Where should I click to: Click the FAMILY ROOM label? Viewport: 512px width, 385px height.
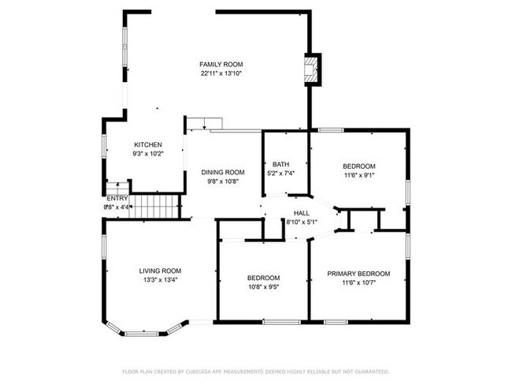click(x=221, y=64)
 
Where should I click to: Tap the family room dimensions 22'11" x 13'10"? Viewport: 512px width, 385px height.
click(x=221, y=73)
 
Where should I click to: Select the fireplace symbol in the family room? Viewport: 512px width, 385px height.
click(x=313, y=68)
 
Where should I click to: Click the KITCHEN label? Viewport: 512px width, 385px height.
click(x=148, y=144)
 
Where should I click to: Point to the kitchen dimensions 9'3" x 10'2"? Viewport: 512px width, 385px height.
click(x=148, y=154)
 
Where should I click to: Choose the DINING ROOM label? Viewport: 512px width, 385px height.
click(x=223, y=172)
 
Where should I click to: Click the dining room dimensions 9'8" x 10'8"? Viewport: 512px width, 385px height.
click(x=223, y=181)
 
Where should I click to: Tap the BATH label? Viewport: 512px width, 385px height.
click(x=281, y=164)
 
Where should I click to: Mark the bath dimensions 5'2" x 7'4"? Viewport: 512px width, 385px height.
click(x=281, y=174)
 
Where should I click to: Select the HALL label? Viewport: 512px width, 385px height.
click(x=302, y=213)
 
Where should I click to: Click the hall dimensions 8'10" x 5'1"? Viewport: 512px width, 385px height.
click(x=302, y=222)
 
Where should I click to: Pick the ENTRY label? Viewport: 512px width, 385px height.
click(x=117, y=198)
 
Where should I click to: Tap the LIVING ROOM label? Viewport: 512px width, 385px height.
click(x=160, y=270)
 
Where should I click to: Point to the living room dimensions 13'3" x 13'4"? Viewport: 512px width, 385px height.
click(x=160, y=279)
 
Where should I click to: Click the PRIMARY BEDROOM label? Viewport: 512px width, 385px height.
click(x=358, y=273)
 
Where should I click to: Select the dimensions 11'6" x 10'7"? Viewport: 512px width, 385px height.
click(x=358, y=282)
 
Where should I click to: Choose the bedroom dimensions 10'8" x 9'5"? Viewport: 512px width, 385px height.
click(x=263, y=286)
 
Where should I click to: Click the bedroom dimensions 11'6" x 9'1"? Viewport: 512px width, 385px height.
click(x=358, y=175)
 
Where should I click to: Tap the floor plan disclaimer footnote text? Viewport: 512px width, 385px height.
click(x=256, y=371)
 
